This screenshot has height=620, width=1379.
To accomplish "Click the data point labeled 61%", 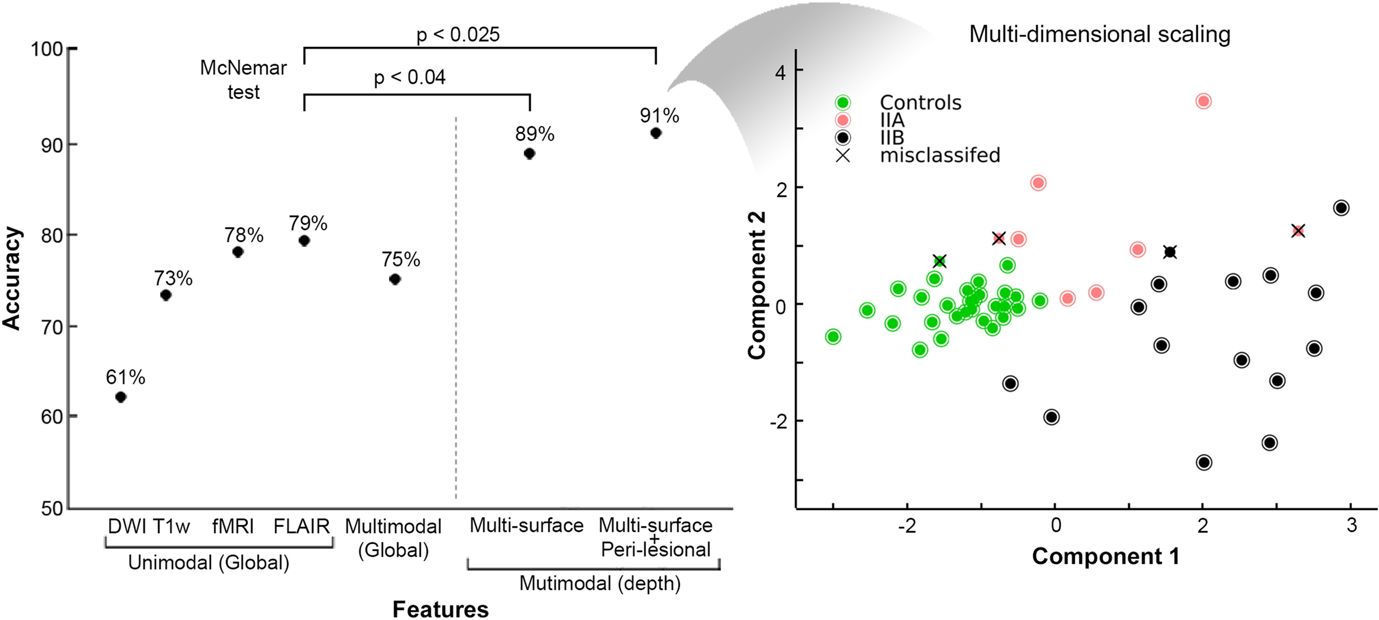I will click(x=121, y=397).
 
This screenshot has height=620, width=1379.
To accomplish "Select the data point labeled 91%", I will click(x=656, y=133).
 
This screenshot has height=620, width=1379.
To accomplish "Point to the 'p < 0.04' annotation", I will click(x=410, y=77).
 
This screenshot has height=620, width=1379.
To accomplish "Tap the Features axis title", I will click(x=440, y=609).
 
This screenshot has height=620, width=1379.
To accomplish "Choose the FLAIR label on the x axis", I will click(x=301, y=526).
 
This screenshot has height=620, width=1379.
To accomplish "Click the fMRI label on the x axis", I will click(x=233, y=526).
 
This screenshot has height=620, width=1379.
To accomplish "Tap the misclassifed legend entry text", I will click(x=940, y=155).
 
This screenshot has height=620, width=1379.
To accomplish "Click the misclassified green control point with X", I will click(x=940, y=261).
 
